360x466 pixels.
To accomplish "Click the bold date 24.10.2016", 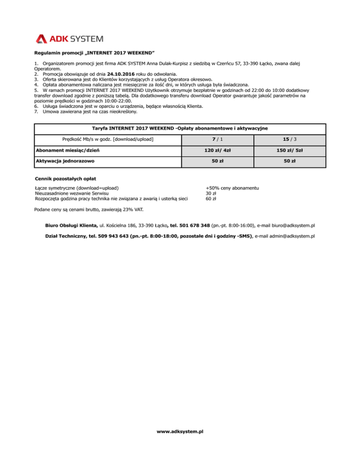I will (x=123, y=74).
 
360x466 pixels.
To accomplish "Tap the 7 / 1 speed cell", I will (x=217, y=139).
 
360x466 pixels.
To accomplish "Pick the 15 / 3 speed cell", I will (x=289, y=139).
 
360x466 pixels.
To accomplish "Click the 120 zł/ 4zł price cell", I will (x=217, y=150).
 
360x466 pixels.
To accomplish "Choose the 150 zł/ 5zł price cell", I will (x=289, y=150).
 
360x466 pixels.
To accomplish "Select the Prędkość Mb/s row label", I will (x=108, y=139).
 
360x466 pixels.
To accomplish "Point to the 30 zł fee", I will (x=211, y=193).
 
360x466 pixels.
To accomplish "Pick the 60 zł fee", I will (x=211, y=198).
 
